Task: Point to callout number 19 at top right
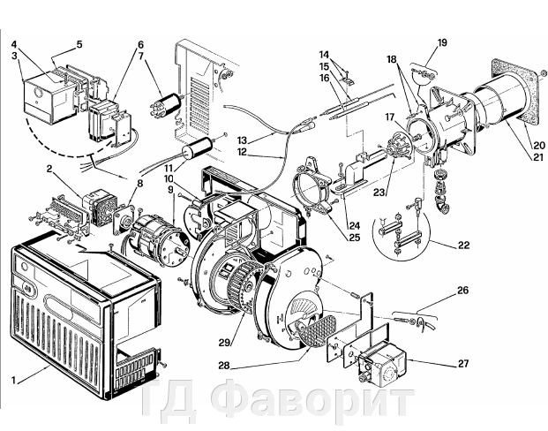tap(442, 42)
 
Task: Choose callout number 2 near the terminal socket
tap(49, 168)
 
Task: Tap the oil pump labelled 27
tap(379, 363)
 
